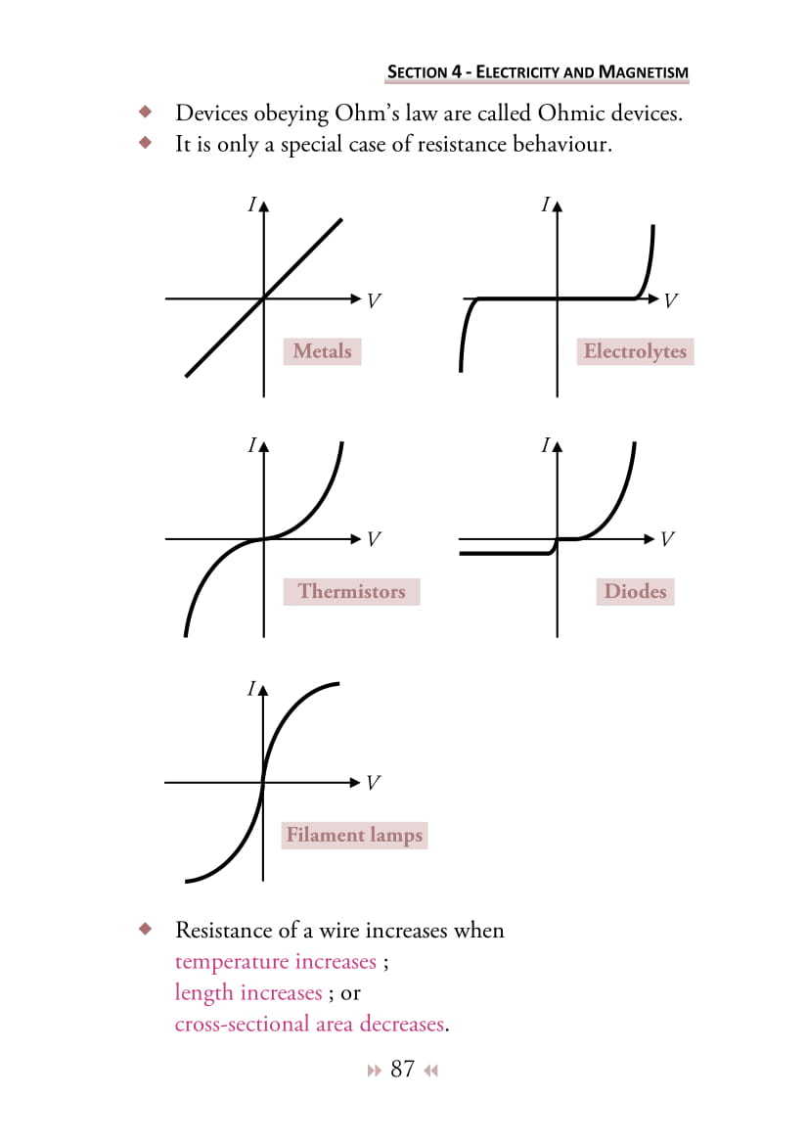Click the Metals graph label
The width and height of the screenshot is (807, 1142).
click(322, 350)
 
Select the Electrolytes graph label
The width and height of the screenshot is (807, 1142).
click(635, 351)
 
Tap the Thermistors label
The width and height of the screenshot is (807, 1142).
click(351, 591)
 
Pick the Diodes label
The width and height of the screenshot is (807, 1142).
click(635, 591)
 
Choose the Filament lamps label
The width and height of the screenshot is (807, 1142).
click(354, 835)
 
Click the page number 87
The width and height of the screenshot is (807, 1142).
click(402, 1069)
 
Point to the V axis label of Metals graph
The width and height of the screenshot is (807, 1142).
click(373, 300)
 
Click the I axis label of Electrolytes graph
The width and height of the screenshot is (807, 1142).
click(545, 206)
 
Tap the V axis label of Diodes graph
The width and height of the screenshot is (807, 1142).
click(667, 539)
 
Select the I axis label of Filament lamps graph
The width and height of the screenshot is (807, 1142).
click(251, 689)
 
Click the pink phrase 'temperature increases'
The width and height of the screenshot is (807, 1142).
click(275, 961)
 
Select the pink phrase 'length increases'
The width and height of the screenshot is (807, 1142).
click(247, 992)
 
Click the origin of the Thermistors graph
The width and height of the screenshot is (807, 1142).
click(262, 538)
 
